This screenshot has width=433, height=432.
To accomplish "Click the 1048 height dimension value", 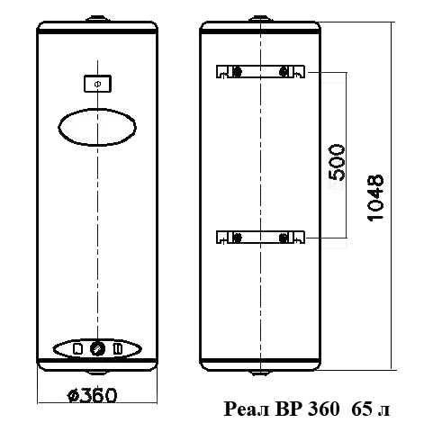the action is (375, 198).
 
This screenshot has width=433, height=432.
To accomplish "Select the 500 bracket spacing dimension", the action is (337, 163).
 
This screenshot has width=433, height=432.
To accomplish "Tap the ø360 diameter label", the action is (92, 395).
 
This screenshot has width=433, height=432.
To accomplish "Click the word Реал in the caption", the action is (247, 409).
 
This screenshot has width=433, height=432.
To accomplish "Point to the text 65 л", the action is (371, 409).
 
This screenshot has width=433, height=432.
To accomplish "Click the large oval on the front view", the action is (97, 127).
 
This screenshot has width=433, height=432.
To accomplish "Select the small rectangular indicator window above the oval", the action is (97, 84).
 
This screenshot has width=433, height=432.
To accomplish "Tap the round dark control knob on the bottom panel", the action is (97, 348).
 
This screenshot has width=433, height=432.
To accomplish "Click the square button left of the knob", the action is (78, 348).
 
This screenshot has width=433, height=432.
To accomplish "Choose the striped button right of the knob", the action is (117, 348).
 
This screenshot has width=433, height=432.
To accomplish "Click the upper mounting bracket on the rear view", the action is (260, 72).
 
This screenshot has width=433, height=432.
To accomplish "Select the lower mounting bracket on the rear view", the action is (260, 237).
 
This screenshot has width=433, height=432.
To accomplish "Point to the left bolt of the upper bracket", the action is (237, 72).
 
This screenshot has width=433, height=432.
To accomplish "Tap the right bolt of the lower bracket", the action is (283, 238).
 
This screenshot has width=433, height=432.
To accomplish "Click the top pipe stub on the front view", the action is (97, 19).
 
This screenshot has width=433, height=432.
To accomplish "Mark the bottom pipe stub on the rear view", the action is (260, 373).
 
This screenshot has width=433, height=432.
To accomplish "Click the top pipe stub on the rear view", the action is (260, 19).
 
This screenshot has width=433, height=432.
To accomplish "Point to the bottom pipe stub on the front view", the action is (97, 373).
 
